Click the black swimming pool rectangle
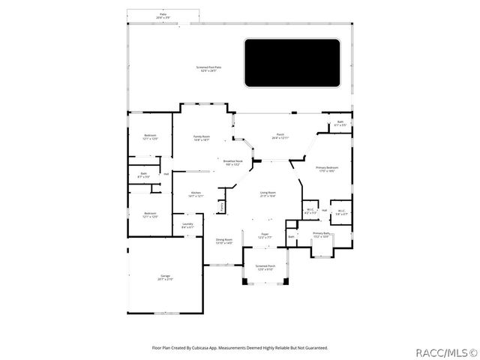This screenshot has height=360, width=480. click(292, 61)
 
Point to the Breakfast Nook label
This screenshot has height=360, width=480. click(232, 162)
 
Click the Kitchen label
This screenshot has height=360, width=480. click(196, 193)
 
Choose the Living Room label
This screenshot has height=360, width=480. click(268, 193)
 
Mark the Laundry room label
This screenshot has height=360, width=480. click(188, 224)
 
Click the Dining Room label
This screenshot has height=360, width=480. click(223, 241)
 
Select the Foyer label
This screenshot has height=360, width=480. click(265, 235)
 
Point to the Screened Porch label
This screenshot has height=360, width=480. click(265, 267)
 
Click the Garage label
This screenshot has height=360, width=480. click(165, 277)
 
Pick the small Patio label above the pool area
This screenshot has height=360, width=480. click(163, 15)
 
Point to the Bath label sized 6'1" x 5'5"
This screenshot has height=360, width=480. click(340, 123)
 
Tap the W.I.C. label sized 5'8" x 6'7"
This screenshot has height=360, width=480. click(341, 212)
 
